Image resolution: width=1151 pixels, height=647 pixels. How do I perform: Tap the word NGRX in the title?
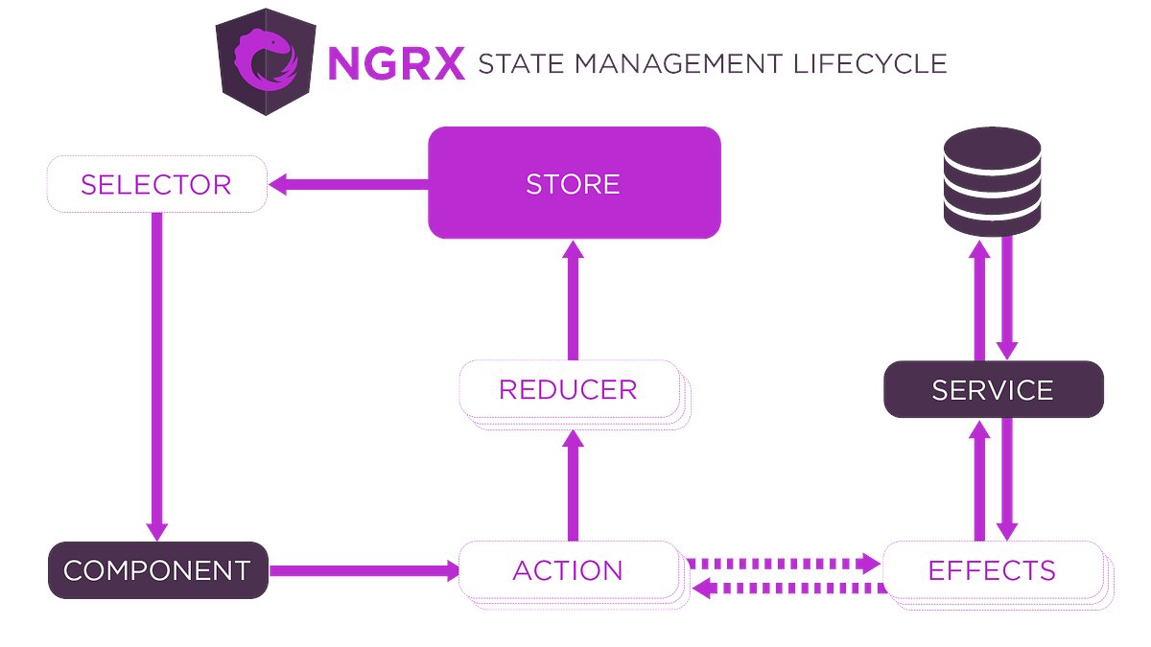(x=396, y=64)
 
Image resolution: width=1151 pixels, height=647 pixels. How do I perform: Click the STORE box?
(x=574, y=183)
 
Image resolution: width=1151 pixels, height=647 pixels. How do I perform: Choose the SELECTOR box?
(x=156, y=184)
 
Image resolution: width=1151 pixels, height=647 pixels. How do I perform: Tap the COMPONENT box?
(x=157, y=570)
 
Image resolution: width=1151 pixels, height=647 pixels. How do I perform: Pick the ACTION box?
(x=569, y=570)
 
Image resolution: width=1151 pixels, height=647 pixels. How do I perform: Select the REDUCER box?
(x=569, y=389)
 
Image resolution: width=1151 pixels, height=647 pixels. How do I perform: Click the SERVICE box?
(x=993, y=389)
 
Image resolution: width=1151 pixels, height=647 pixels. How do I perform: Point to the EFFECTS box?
(x=992, y=570)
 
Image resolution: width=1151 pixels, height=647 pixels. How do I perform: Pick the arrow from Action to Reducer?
(x=574, y=485)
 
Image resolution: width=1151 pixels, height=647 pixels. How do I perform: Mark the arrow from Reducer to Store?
(x=574, y=299)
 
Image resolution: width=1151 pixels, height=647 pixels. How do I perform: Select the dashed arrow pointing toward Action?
(x=788, y=587)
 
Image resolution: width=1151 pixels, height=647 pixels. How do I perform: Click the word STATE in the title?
(x=519, y=64)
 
